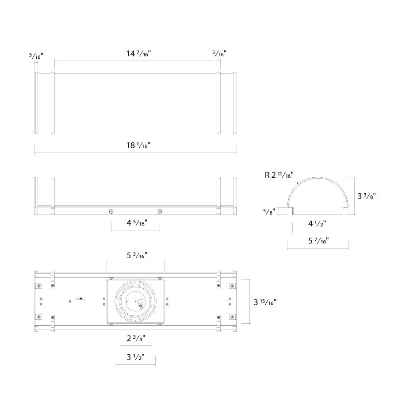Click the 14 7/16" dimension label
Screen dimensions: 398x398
138,54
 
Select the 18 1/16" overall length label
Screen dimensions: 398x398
138,145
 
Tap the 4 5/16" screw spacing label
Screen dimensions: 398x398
137,223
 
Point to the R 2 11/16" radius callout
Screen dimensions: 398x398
279,175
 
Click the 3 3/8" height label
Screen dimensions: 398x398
367,196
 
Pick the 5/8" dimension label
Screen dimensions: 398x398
269,211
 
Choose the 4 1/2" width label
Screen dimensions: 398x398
317,224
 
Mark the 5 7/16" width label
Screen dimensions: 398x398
318,241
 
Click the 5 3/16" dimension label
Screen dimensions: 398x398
137,255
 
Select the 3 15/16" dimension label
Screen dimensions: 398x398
265,302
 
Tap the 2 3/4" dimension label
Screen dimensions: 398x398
136,338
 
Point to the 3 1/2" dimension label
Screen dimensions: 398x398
136,357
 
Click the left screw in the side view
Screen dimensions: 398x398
111,211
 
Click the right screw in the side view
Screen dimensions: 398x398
160,211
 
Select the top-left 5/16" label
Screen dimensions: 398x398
36,56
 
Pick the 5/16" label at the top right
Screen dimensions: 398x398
219,54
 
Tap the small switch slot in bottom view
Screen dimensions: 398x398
81,298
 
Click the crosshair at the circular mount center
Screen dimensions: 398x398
136,301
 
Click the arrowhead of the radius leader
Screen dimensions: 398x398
298,183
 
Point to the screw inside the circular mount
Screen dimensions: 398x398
140,306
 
